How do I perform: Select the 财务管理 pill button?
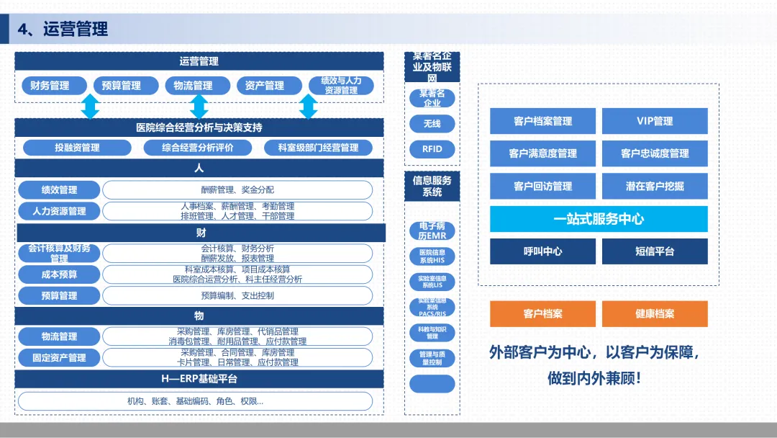pos(50,86)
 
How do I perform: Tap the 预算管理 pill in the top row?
pos(122,86)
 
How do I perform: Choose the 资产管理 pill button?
pos(264,86)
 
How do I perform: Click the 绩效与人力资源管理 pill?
pos(341,86)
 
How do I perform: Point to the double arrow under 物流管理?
pos(199,107)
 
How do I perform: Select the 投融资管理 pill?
pos(77,148)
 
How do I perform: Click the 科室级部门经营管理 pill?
pos(318,148)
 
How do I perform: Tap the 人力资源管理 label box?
pos(59,211)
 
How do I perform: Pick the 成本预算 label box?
pos(59,274)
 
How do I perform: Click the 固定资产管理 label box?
pos(59,357)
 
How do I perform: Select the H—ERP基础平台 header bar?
pos(199,379)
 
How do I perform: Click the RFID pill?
pos(432,149)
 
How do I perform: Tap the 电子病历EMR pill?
pos(432,231)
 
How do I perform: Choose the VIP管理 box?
pos(655,121)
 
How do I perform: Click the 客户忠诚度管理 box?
pos(655,153)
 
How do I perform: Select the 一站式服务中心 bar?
pos(599,219)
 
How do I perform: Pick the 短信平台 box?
pos(655,251)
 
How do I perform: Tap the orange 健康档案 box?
pos(655,314)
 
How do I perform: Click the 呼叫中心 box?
pos(542,251)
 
